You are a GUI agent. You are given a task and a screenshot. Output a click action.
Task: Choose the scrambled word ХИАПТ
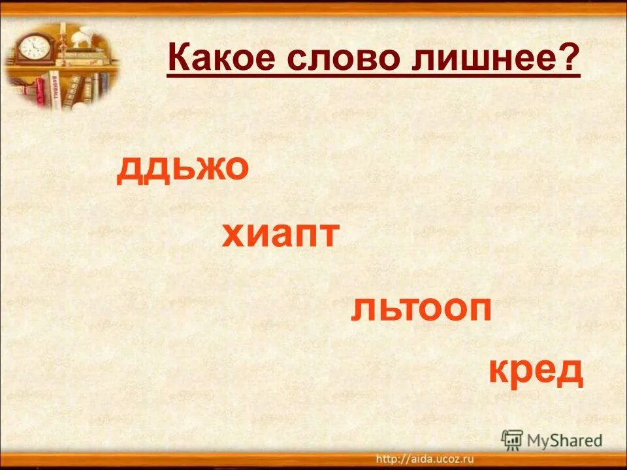[x=280, y=235]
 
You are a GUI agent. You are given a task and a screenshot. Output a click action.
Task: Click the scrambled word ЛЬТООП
[x=421, y=307]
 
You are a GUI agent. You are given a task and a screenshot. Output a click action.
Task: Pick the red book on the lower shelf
[x=40, y=91]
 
